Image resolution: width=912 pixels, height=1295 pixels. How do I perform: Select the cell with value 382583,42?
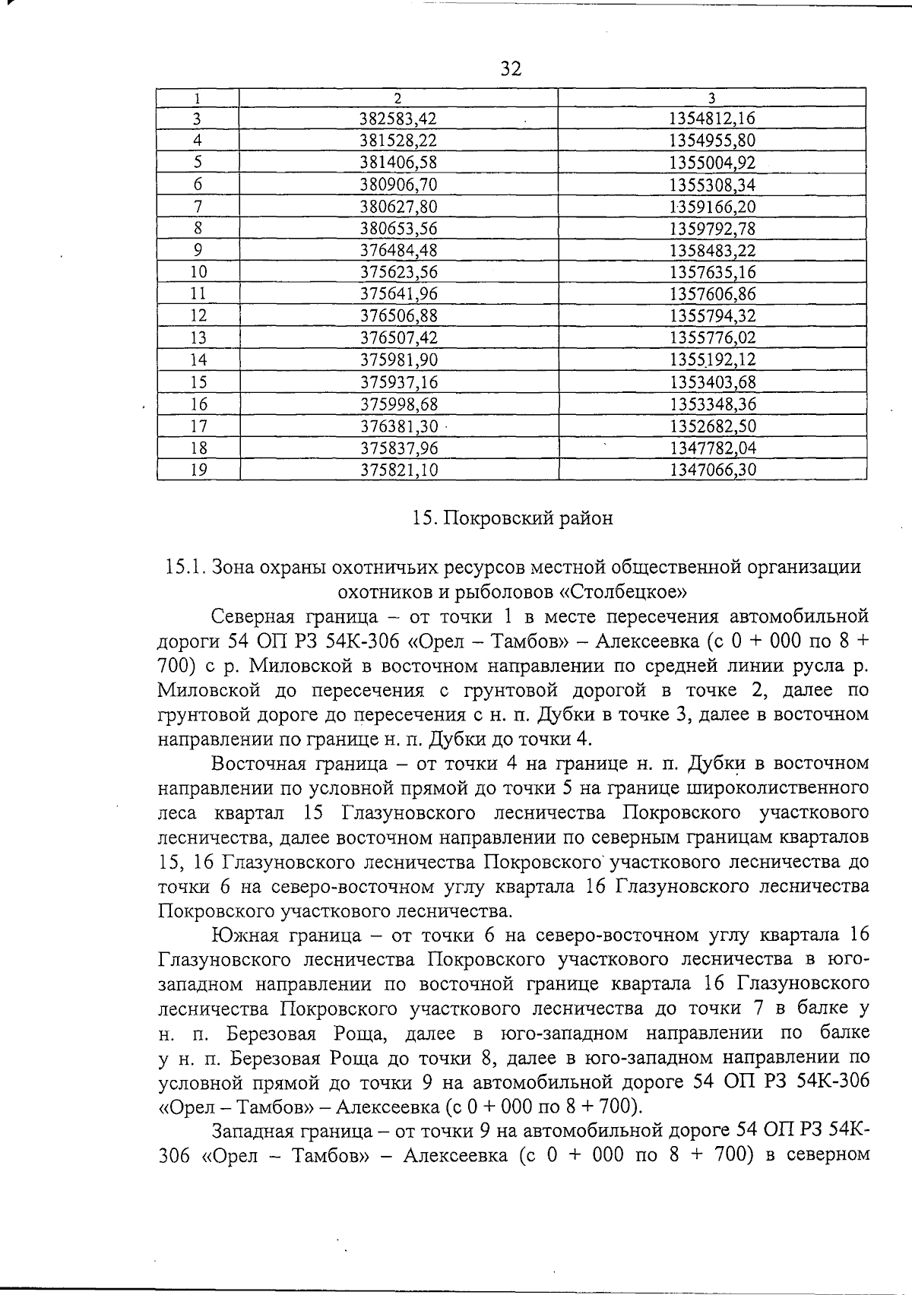click(x=399, y=119)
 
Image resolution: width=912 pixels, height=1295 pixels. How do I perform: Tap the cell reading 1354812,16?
click(x=712, y=119)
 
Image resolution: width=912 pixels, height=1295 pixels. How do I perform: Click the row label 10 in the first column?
click(x=198, y=272)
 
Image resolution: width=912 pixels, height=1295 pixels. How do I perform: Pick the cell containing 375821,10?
click(x=399, y=470)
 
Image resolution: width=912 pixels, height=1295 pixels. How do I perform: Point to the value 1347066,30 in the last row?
click(x=712, y=470)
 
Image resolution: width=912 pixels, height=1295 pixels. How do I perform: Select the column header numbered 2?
click(x=398, y=97)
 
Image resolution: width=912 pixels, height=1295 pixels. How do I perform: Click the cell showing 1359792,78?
click(x=712, y=228)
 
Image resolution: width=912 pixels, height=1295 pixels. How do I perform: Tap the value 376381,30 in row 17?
click(x=399, y=426)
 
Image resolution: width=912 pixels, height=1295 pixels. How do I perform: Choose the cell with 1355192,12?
click(x=712, y=360)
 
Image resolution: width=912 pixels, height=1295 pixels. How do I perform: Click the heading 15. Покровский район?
click(x=511, y=518)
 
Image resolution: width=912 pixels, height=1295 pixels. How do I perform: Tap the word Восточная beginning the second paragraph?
click(x=254, y=763)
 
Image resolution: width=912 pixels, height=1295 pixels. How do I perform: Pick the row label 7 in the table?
click(x=198, y=207)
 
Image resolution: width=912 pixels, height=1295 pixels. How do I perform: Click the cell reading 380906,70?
click(x=399, y=185)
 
